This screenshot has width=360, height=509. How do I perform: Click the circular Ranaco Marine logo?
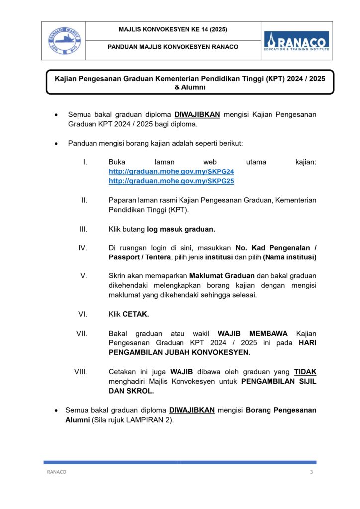coord(63,40)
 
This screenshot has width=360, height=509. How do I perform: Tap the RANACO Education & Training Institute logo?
coord(296,41)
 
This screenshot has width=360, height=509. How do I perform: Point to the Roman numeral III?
coord(83,229)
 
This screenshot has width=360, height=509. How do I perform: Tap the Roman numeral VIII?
coord(81,371)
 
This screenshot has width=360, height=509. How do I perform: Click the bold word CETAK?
coord(136,314)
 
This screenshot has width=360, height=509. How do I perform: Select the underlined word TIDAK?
coord(305,371)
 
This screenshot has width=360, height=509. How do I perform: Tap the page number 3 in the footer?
coord(311,472)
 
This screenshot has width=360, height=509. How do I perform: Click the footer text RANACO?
coord(56,472)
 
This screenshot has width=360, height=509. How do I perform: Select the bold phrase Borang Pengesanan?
coord(281,410)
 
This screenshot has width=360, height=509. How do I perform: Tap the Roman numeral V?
coord(84,276)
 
